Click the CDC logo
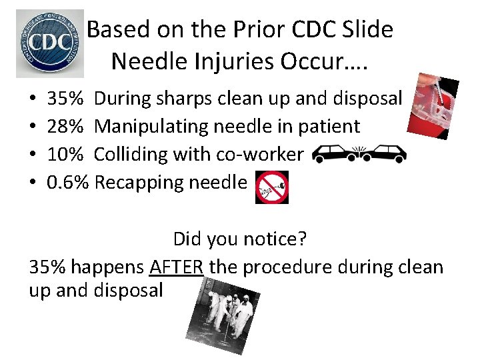coord(50,43)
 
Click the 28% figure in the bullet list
coord(65,126)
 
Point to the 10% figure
coord(65,154)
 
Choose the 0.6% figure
coord(68,181)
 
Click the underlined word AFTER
coord(177,267)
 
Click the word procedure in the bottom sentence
coord(291,267)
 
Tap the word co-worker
coord(266,154)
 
